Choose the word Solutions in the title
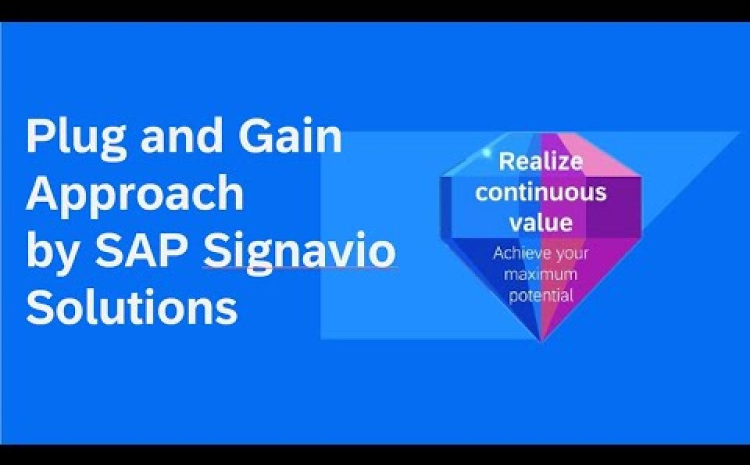pos(132,306)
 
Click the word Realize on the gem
pos(540,163)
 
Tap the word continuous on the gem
pos(541,192)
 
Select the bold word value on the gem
pos(540,223)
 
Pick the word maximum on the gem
pos(540,274)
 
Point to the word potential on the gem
pos(540,295)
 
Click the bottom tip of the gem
pos(542,341)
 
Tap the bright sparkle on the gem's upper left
pos(487,153)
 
